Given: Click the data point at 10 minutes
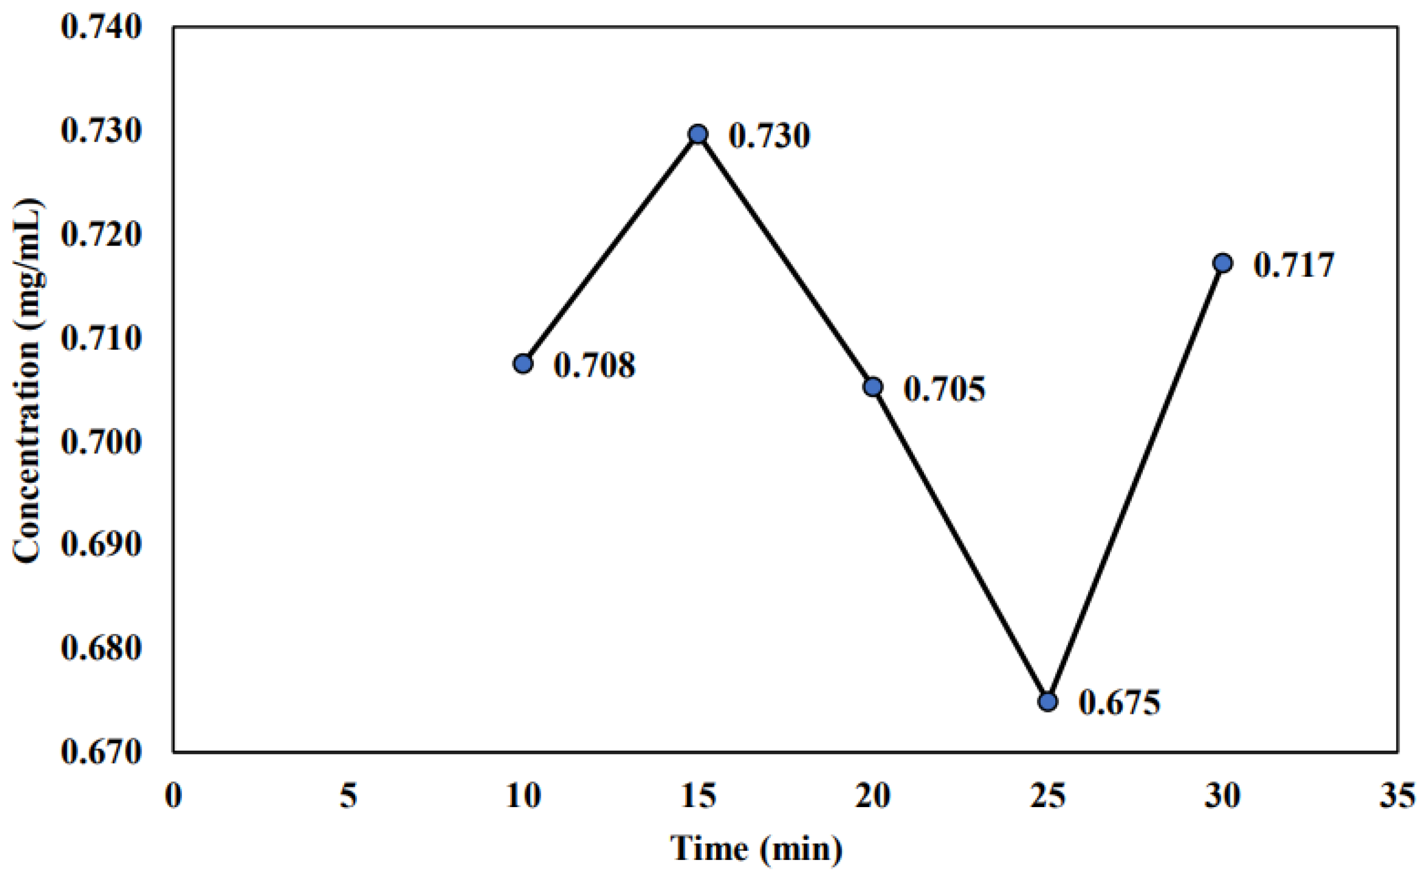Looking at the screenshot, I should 523,364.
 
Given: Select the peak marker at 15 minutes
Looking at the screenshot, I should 698,134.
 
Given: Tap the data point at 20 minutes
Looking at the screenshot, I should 873,387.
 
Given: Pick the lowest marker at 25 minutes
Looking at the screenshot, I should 1048,702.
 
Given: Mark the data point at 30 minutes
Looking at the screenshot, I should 1222,263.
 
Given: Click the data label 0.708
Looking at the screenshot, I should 594,366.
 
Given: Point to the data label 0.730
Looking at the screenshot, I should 769,136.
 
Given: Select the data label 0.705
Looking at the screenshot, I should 944,389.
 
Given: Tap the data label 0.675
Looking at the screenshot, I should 1119,703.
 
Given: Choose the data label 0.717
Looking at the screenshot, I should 1294,266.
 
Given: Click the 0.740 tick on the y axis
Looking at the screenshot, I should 101,28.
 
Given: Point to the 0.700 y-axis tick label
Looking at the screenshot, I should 101,442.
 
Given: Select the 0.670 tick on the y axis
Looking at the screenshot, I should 101,752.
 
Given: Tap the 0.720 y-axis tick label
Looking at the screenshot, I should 101,235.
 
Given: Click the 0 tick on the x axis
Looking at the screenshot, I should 173,795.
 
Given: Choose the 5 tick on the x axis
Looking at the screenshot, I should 348,795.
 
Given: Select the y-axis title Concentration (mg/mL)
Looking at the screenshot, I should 27,381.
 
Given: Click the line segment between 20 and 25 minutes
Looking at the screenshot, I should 960,544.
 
